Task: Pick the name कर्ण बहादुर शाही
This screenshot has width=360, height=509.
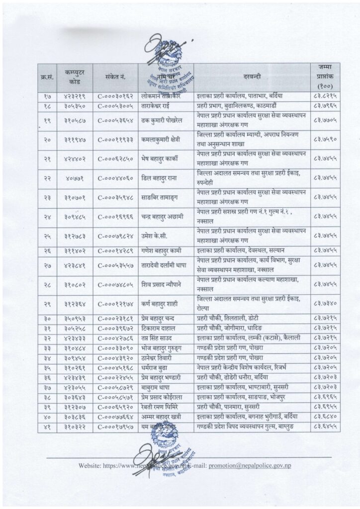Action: click(x=162, y=304)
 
